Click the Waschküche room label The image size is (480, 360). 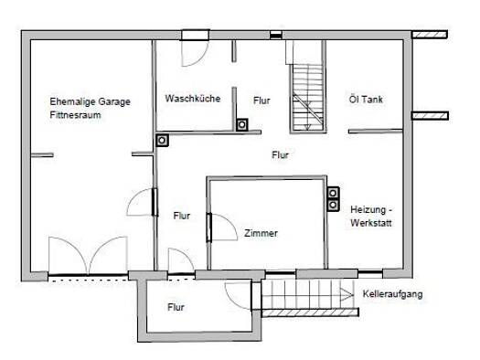[193, 99]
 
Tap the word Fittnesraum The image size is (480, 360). [75, 115]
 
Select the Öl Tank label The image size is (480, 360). [366, 99]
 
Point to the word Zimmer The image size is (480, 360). [261, 233]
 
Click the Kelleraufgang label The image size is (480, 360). [393, 294]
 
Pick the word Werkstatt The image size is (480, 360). [371, 223]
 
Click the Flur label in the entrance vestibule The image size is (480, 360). [176, 307]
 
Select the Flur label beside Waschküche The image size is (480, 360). [261, 101]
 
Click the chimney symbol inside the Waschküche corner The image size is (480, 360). [242, 125]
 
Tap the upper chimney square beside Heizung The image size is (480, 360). [333, 193]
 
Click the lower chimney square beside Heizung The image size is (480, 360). [333, 205]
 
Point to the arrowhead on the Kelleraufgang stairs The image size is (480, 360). [347, 295]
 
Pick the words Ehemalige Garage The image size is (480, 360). [90, 101]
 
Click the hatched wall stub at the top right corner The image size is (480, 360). [430, 34]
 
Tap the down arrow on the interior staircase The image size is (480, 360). [307, 126]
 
